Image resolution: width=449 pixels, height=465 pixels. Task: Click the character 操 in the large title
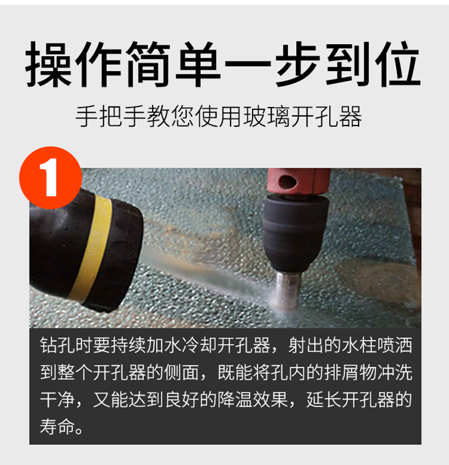pos(48,64)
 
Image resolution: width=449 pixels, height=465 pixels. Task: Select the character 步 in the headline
pos(297,64)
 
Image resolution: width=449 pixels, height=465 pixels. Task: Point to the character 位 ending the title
pos(397,64)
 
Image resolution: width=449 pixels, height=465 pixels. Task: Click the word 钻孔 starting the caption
pos(57,345)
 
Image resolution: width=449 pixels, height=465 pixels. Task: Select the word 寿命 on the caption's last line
pos(57,426)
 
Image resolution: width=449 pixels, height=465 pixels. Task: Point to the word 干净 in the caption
pos(57,399)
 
